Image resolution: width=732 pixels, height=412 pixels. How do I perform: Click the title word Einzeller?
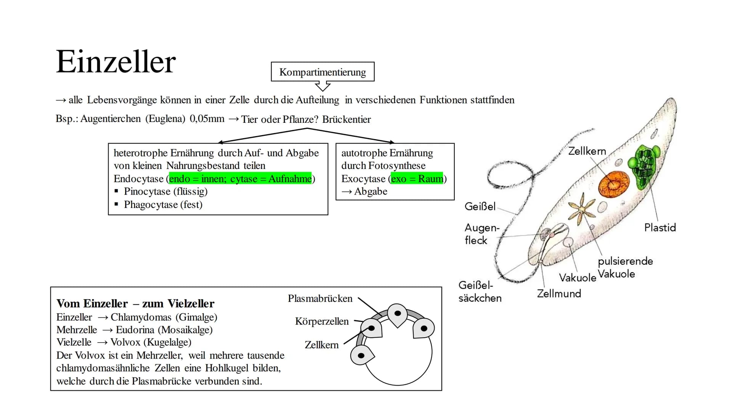pos(116,62)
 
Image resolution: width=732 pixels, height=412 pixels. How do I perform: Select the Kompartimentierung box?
pos(323,72)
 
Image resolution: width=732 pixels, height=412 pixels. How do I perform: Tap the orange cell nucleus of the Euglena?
pos(613,185)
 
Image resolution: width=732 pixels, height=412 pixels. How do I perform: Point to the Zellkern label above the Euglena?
pos(587,151)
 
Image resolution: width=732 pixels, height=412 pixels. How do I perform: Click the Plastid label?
pos(660,227)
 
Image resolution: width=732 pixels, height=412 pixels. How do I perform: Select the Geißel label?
pos(480,206)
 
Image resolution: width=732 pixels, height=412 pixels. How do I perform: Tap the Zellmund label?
pos(559,293)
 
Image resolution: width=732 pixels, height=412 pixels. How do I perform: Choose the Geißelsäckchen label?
pos(480,291)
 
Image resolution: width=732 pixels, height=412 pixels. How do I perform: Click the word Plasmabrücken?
pos(320,298)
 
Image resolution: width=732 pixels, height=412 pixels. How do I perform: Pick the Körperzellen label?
pos(322,321)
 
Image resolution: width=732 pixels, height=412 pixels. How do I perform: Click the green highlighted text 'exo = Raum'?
pos(417,179)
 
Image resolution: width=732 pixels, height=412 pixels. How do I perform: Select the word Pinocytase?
pos(147,192)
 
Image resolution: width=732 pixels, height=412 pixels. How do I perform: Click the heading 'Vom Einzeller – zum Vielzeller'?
pos(135,303)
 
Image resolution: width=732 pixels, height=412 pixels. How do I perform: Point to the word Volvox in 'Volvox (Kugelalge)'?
pos(125,342)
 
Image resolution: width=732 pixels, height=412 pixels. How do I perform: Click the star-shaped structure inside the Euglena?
pos(581,209)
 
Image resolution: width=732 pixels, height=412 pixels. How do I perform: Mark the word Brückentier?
pos(346,119)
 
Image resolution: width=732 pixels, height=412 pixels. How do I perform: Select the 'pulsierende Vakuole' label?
pos(625,267)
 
